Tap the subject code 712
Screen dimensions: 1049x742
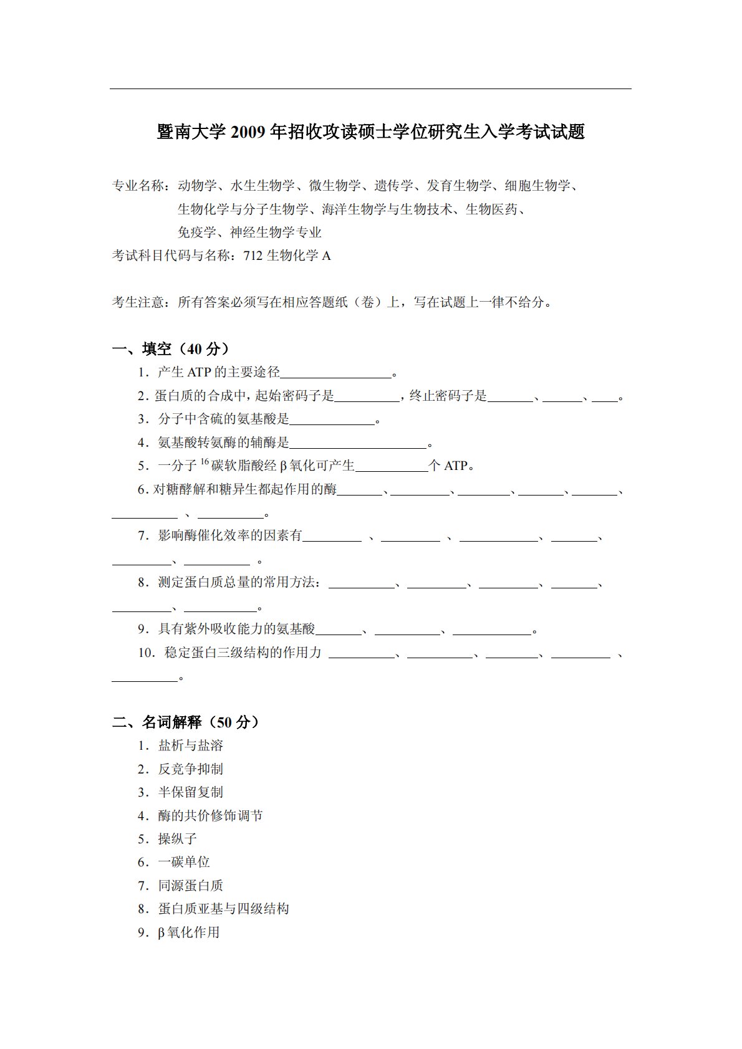click(x=254, y=256)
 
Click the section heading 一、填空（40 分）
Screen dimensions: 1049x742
click(x=170, y=348)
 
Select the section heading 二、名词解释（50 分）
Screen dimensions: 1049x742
click(x=185, y=722)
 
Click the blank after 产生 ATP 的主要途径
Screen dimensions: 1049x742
click(x=335, y=374)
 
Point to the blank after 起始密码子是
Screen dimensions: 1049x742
click(x=367, y=397)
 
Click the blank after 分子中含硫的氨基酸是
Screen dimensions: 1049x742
click(x=333, y=421)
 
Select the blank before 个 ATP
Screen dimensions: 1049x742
click(x=391, y=467)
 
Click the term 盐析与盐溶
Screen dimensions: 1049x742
click(x=190, y=745)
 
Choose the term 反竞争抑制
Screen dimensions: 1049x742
click(x=190, y=769)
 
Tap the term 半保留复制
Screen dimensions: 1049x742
click(x=190, y=792)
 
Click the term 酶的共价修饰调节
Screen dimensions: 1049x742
click(x=210, y=816)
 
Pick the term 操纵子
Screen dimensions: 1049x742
click(x=177, y=839)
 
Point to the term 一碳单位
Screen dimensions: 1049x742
click(x=184, y=862)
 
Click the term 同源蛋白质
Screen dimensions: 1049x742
click(x=190, y=886)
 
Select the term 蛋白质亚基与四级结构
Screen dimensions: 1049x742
click(x=223, y=909)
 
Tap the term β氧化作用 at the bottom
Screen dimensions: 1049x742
click(x=188, y=932)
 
